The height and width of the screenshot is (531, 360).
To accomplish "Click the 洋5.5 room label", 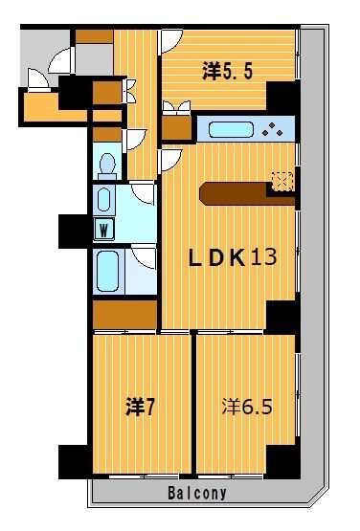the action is [x=227, y=71].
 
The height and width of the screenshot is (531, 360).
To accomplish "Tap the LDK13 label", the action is [x=233, y=257].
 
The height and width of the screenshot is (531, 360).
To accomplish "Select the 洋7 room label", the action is [x=140, y=406].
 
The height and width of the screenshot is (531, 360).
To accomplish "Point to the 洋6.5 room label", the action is [x=247, y=406].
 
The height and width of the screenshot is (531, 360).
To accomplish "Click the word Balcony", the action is [x=197, y=493].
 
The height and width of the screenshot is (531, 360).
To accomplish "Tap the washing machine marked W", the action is [x=103, y=230].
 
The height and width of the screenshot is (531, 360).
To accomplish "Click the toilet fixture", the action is [x=107, y=166].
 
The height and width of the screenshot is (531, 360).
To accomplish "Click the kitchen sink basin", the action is [x=231, y=130].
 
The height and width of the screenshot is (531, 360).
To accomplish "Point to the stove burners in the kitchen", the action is [x=272, y=129].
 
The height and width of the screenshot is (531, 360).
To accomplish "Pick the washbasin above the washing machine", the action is [x=103, y=200].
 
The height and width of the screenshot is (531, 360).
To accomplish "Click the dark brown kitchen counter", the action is [x=247, y=194].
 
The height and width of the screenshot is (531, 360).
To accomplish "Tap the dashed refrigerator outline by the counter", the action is [x=282, y=181].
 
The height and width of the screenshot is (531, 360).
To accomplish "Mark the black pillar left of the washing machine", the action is [x=73, y=232].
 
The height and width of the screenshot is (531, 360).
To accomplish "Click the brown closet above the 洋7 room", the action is [x=124, y=315].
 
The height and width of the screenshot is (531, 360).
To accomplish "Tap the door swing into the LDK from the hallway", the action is [x=172, y=160].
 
